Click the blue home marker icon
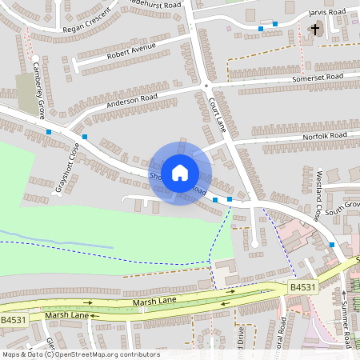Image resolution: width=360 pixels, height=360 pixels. (x=180, y=172)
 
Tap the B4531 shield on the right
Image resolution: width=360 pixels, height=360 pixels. (x=302, y=287)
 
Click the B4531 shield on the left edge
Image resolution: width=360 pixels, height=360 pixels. (x=12, y=320)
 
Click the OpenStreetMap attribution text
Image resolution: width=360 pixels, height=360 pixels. (x=80, y=354)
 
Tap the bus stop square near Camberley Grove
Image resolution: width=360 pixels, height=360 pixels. (x=50, y=131)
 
